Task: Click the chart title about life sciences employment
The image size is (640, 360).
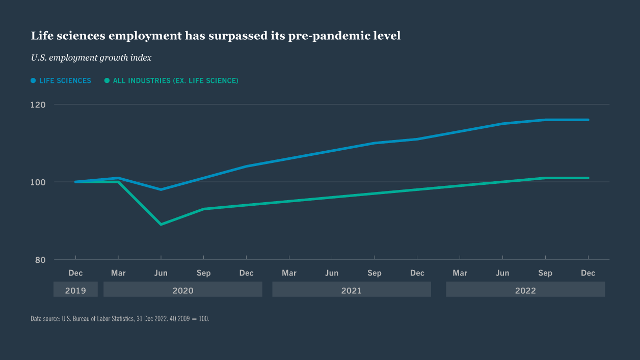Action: point(216,36)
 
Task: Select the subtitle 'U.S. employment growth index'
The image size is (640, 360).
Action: point(91,58)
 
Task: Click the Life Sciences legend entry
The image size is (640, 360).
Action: point(61,80)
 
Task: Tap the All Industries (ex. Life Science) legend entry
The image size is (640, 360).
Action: point(172,80)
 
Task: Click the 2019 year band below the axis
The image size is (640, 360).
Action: point(75,291)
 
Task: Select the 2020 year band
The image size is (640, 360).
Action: point(182,291)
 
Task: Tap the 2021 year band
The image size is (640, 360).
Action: point(351,291)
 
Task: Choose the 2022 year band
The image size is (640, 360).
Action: point(525,291)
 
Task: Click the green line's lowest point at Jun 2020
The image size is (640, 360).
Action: point(161,224)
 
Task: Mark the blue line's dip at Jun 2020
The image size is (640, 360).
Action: point(161,189)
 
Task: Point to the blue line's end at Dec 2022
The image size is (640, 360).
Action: point(588,120)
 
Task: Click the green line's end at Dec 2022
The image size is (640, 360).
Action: point(588,178)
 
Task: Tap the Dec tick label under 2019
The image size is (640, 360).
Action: point(75,273)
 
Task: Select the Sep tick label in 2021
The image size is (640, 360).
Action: point(375,273)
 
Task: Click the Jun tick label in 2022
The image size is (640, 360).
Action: point(502,273)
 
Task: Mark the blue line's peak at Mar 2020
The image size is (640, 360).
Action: point(118,178)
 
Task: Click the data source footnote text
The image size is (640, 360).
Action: point(120,319)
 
